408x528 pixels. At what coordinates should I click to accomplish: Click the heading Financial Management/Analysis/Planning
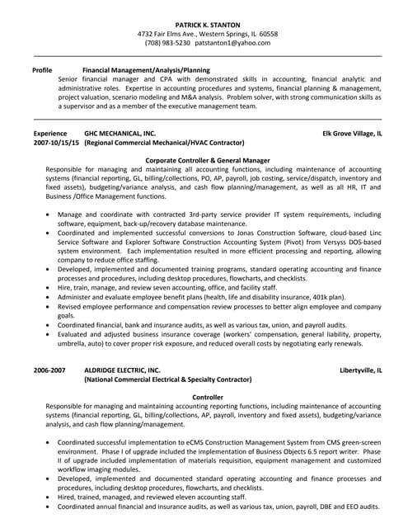pos(146,71)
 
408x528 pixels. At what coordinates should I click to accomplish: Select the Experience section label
pos(50,132)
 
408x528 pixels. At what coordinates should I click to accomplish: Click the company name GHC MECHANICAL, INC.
pos(120,132)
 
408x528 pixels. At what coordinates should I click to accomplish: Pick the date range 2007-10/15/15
pos(56,142)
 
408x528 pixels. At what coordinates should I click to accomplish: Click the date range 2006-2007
pos(49,371)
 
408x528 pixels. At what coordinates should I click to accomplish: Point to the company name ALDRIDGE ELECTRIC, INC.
pos(123,371)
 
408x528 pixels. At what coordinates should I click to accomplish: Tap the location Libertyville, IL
pos(360,371)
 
